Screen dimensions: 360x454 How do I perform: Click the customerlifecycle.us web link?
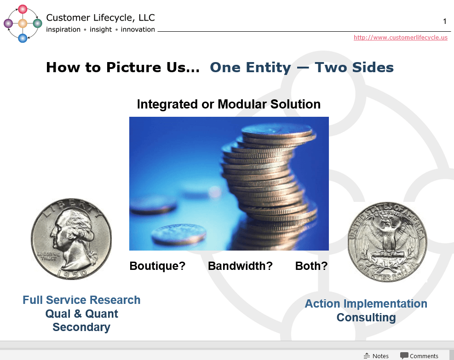(x=400, y=38)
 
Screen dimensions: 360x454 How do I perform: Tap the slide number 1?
(x=444, y=21)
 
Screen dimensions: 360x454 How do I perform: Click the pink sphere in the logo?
(x=23, y=9)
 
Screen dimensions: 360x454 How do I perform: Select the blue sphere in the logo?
(x=23, y=38)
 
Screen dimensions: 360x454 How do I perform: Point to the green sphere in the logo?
(x=37, y=23)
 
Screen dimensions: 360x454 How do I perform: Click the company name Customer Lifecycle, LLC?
(x=100, y=18)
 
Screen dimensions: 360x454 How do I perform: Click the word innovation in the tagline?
(x=138, y=29)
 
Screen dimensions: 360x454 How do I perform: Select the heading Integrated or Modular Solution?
(x=229, y=104)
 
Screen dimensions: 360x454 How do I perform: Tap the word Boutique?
(x=157, y=266)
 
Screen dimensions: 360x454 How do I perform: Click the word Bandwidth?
(x=240, y=266)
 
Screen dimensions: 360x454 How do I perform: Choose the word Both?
(x=311, y=266)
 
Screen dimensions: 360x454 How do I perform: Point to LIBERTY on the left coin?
(x=71, y=205)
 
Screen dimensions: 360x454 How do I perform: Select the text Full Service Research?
(x=81, y=300)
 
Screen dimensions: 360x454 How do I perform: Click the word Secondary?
(x=81, y=327)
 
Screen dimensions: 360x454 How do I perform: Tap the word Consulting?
(x=366, y=318)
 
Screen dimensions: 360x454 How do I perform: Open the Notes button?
(x=376, y=356)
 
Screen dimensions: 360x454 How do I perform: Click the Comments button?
(x=419, y=356)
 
